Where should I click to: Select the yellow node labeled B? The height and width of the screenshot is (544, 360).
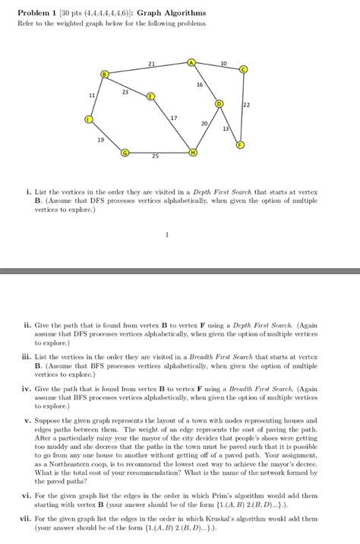[105, 73]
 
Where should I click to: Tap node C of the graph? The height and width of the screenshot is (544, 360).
[243, 69]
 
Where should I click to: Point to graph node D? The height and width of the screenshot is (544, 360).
[219, 103]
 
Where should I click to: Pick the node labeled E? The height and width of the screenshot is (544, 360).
[150, 96]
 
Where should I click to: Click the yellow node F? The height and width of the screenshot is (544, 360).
[241, 144]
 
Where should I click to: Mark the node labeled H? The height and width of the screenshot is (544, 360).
[193, 153]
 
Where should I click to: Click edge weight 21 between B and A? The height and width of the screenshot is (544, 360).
[152, 63]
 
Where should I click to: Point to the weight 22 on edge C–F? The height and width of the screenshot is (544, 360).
[247, 104]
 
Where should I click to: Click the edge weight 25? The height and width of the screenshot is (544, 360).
[155, 157]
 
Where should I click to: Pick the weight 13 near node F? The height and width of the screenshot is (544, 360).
[226, 128]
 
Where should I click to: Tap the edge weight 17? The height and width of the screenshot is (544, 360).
[174, 119]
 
